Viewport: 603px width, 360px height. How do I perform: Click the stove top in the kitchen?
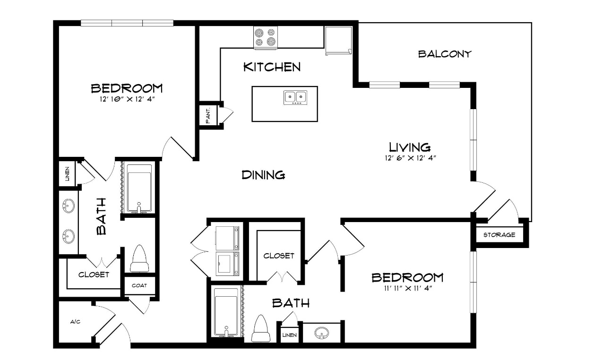click(266, 38)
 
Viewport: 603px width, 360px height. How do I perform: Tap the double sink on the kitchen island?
click(295, 97)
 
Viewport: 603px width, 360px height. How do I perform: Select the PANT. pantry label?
click(208, 116)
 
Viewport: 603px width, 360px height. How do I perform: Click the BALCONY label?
click(445, 54)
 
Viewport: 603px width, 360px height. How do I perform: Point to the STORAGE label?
click(500, 235)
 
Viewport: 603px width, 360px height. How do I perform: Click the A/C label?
click(75, 322)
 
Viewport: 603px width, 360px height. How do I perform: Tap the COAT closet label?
click(139, 285)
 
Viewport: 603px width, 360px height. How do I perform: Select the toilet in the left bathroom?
click(139, 258)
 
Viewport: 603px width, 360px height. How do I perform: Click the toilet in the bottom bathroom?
click(261, 328)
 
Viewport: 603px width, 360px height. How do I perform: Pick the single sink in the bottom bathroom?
click(321, 333)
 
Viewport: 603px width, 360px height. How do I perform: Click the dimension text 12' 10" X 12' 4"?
click(127, 99)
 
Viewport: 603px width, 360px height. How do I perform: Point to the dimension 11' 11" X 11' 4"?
click(408, 289)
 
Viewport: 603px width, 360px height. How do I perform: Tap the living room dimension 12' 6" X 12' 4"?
click(410, 158)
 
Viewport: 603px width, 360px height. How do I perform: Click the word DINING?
click(263, 175)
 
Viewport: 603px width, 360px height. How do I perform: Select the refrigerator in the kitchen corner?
click(338, 41)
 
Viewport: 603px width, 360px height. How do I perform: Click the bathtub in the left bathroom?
click(139, 189)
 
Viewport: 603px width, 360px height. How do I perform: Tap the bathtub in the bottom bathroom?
click(226, 313)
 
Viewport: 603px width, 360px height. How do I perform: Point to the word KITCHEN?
click(272, 67)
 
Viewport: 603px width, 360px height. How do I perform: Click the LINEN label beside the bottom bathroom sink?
click(290, 335)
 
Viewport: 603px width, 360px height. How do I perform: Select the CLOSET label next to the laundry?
click(279, 256)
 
